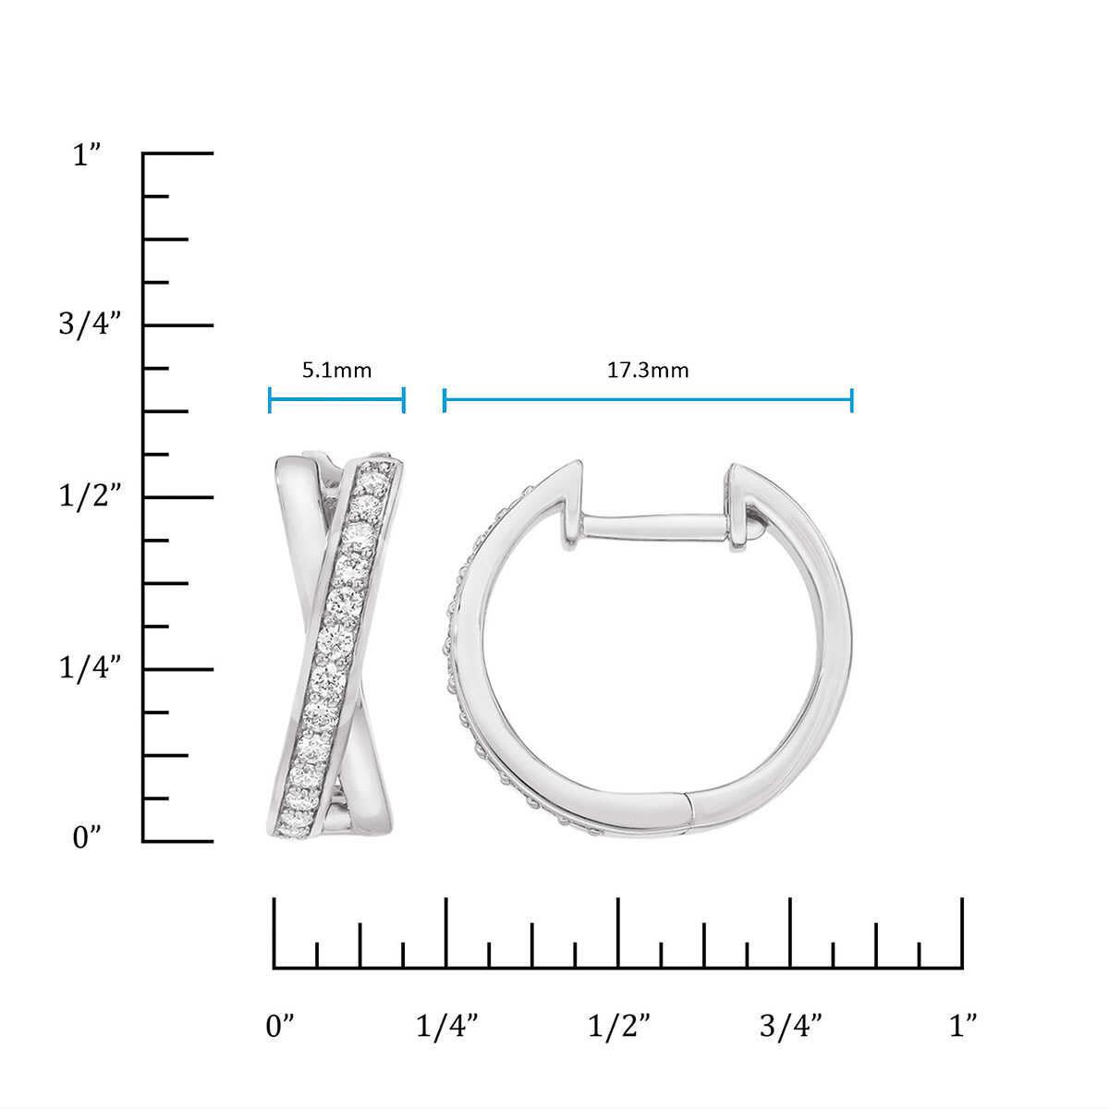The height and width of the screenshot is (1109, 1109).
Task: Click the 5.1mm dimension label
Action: [x=336, y=370]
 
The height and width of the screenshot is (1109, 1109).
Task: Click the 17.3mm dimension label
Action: [x=648, y=370]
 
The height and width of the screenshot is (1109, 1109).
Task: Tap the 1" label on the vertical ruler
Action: [x=87, y=155]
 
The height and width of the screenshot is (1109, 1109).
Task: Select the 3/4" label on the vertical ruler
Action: [x=91, y=324]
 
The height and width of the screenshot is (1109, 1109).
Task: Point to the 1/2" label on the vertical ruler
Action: [x=91, y=495]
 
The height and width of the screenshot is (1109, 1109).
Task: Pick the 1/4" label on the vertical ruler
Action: [x=91, y=667]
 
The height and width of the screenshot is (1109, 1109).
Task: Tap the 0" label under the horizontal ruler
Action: [x=280, y=1026]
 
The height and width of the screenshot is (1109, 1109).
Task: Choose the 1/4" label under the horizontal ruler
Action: [x=447, y=1026]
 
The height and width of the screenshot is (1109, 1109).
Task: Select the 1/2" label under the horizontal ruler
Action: [x=618, y=1026]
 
